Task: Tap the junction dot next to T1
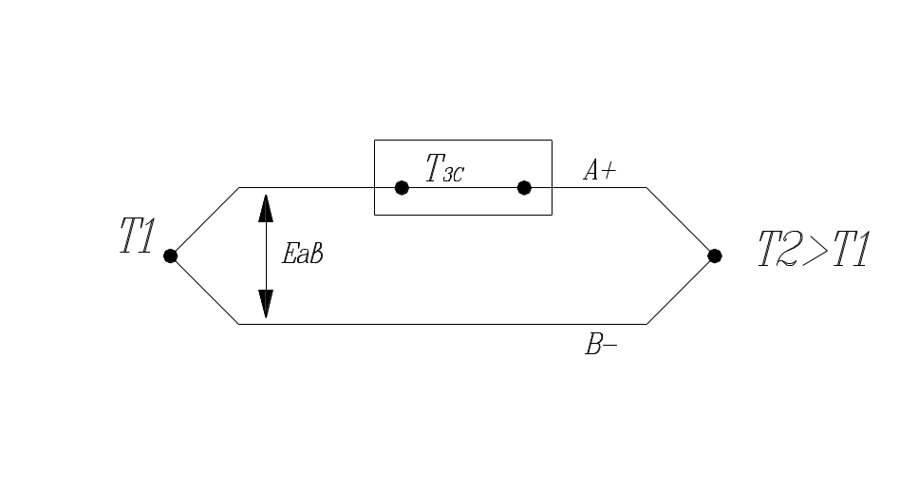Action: tap(171, 255)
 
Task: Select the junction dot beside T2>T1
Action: tap(715, 255)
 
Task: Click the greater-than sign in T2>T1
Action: tap(815, 250)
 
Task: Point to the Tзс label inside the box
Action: tap(443, 170)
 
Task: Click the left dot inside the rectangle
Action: tap(402, 187)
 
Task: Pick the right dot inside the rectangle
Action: tap(524, 187)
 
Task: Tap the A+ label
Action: tap(598, 170)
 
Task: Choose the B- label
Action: tap(600, 345)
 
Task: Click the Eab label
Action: tap(304, 254)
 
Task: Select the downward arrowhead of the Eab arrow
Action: tap(266, 303)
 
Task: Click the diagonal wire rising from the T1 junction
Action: tap(204, 221)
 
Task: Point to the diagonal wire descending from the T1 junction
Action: tap(204, 290)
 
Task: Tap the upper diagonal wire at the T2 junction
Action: tap(681, 221)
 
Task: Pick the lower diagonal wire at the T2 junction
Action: tap(681, 290)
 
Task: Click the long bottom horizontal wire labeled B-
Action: tap(441, 324)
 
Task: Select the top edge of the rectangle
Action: tap(462, 141)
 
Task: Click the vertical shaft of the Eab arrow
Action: tap(266, 255)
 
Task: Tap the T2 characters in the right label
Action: tap(780, 250)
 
